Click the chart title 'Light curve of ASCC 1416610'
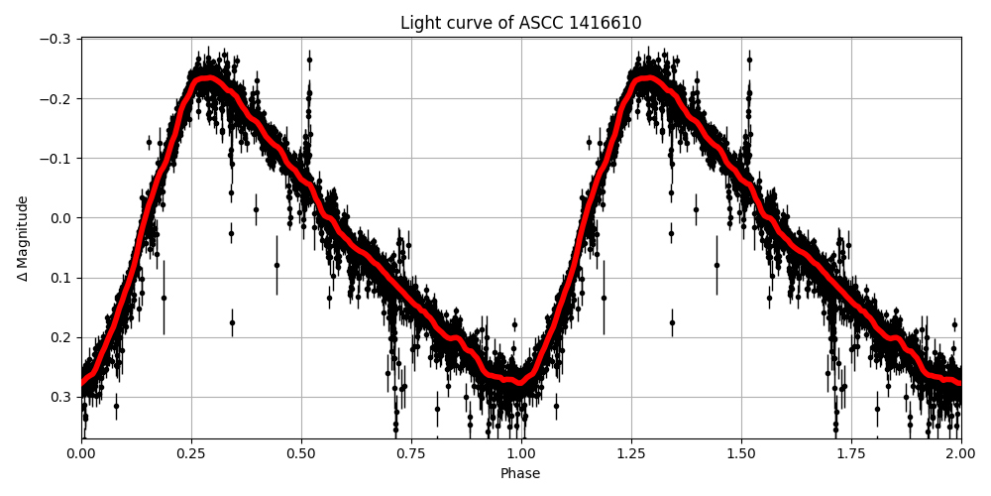point(520,23)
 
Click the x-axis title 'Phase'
point(520,474)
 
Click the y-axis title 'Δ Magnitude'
point(22,238)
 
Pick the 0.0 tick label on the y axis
point(61,218)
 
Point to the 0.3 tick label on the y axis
point(61,397)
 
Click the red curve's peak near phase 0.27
point(204,78)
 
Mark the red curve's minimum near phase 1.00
point(518,382)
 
